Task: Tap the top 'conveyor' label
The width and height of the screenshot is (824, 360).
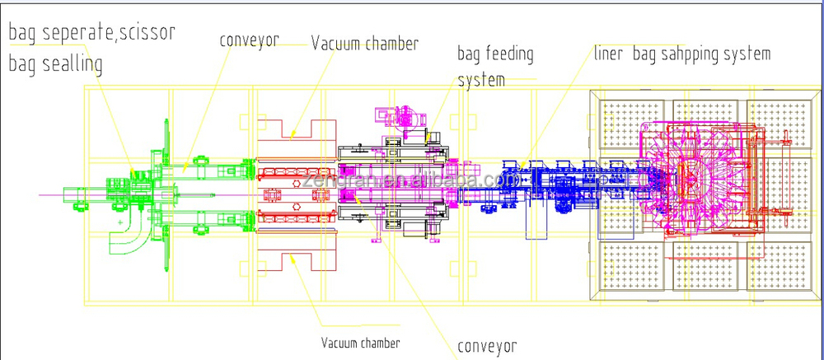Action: click(250, 40)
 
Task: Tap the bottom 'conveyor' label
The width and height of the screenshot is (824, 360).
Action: click(487, 346)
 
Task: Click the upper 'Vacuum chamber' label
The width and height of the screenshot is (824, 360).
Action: click(364, 43)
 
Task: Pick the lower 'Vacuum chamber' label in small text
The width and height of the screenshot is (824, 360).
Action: click(361, 342)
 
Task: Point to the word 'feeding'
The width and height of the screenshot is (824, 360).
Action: click(508, 55)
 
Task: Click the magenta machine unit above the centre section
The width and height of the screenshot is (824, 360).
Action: click(407, 119)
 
